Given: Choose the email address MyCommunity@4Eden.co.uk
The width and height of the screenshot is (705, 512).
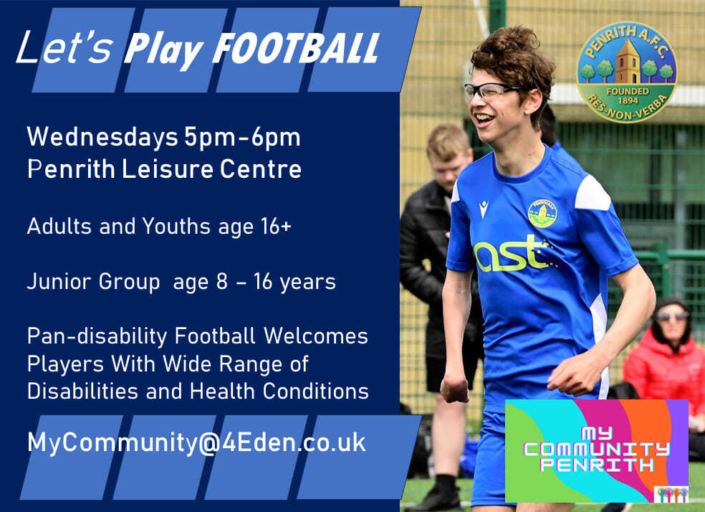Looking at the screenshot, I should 196,442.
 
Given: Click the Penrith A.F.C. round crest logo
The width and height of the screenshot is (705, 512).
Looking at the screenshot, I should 626,72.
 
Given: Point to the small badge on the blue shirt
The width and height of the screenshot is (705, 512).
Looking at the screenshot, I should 542,213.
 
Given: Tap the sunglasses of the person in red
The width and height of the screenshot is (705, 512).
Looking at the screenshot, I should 671,316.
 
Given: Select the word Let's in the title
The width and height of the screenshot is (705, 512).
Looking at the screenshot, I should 64,49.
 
